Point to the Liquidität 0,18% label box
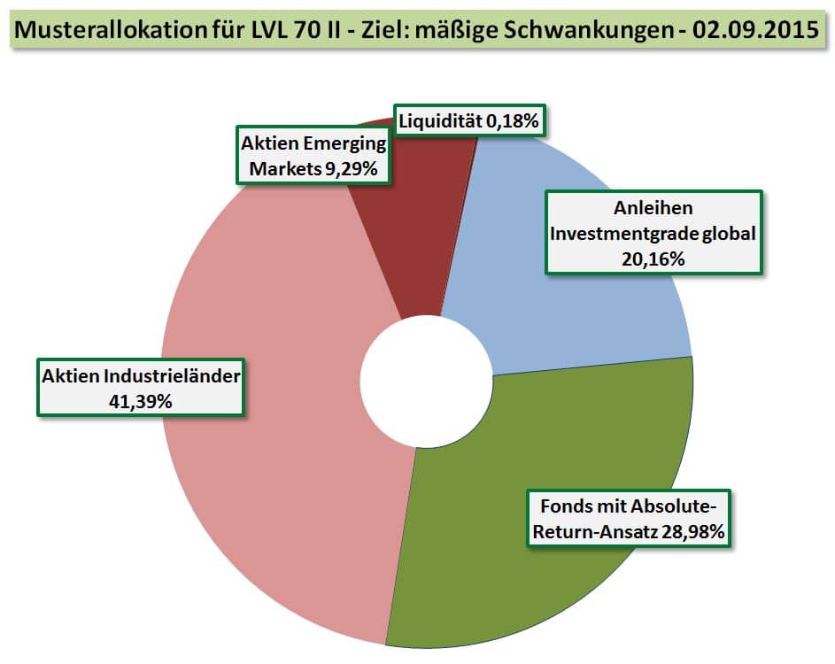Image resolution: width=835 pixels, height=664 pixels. (x=468, y=121)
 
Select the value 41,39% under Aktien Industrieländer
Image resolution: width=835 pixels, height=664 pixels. (x=140, y=400)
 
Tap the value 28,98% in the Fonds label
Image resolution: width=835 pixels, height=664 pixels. (x=686, y=533)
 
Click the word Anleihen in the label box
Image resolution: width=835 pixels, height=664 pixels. (x=653, y=209)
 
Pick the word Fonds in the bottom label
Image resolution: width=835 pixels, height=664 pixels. (x=559, y=507)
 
